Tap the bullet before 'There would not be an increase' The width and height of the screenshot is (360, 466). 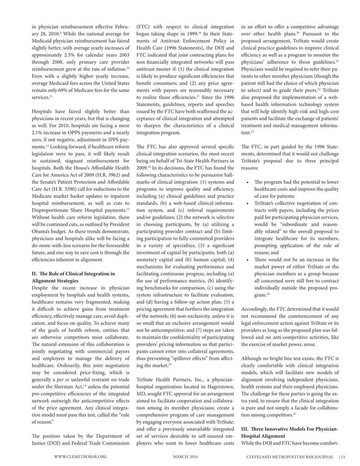(249, 259)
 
